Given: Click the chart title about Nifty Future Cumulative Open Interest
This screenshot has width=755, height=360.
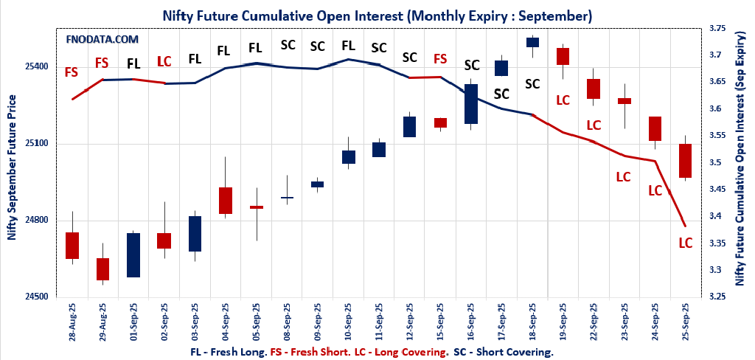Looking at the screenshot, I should [377, 15].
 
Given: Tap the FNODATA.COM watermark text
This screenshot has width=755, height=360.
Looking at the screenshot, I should [102, 39].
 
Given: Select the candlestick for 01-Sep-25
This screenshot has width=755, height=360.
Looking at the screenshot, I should [133, 255].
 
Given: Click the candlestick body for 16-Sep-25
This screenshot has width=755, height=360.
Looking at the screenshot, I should [470, 103].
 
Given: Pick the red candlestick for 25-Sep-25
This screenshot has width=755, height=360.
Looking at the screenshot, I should [686, 161].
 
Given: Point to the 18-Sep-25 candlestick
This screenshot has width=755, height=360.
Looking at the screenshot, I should [532, 42].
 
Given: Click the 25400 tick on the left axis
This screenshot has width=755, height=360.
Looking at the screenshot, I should [38, 66].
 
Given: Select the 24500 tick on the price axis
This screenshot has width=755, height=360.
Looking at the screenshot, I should [38, 297].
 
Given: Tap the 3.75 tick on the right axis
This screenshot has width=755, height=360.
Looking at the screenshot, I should [716, 28].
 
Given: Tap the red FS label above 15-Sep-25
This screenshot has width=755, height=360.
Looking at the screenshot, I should [440, 59].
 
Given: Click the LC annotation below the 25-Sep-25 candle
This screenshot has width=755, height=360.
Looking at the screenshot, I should [685, 243].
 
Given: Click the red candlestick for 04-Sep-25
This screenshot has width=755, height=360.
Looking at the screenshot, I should [226, 201].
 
